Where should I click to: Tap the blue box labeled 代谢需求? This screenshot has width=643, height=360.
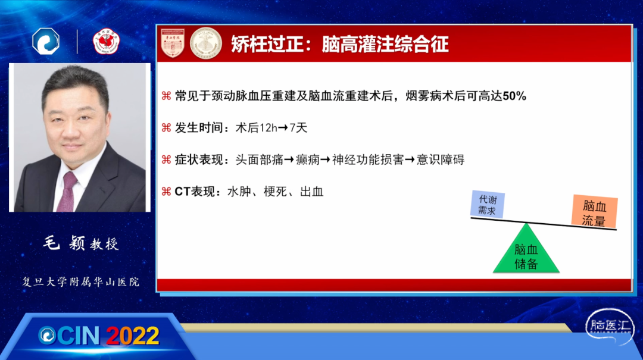point(487,204)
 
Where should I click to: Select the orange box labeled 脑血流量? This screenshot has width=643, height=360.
point(594,212)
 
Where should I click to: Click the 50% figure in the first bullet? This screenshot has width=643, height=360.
point(514,96)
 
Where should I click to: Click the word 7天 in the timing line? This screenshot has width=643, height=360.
point(298,128)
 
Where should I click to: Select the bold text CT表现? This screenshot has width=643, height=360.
point(194,192)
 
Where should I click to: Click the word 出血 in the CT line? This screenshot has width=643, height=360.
point(311,192)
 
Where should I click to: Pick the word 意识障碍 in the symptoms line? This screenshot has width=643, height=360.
point(441,159)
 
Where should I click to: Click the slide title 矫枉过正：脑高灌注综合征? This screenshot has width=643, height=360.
point(339,44)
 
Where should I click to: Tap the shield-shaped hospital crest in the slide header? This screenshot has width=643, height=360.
point(173,43)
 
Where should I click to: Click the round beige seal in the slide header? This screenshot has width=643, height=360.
point(206,43)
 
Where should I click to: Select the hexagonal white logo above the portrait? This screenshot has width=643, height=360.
point(46,41)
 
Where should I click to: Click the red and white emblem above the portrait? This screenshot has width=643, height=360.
point(106,42)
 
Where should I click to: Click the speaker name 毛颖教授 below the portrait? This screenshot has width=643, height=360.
point(81,243)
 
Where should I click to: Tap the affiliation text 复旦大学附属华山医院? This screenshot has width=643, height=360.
point(81,281)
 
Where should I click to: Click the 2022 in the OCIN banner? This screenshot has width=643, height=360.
point(133,336)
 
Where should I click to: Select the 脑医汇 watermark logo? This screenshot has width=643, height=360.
point(610,327)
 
